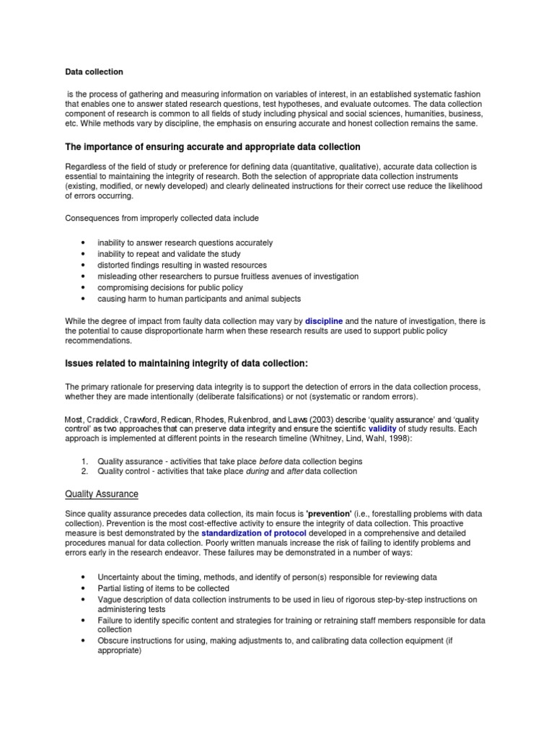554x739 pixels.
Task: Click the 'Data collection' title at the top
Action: click(x=94, y=72)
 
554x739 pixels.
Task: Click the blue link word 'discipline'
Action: click(x=324, y=320)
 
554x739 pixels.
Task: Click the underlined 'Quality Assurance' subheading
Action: click(x=102, y=494)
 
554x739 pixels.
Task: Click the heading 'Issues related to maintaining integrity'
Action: click(x=191, y=362)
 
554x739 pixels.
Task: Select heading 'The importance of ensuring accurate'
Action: click(x=213, y=147)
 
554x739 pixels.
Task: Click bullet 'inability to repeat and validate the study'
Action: click(x=169, y=254)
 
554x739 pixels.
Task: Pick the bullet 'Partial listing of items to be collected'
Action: click(x=163, y=588)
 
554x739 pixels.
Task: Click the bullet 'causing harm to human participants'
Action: click(x=199, y=298)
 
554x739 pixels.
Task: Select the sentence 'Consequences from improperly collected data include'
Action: click(x=162, y=217)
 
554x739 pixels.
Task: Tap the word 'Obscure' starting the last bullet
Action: click(x=112, y=639)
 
